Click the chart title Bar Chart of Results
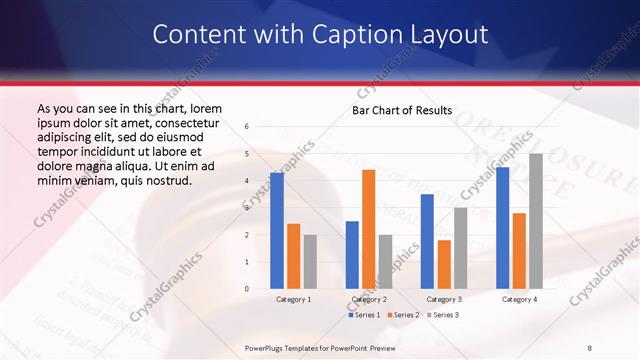pos(401,110)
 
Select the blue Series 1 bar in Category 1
pos(276,231)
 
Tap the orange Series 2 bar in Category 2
pos(368,229)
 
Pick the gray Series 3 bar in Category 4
pos(536,221)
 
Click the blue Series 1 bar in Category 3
pos(427,241)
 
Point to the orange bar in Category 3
pos(444,264)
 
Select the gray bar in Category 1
pos(310,262)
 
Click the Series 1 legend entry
pos(363,315)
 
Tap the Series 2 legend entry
pos(402,315)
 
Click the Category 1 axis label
pos(293,299)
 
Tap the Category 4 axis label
pos(519,299)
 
